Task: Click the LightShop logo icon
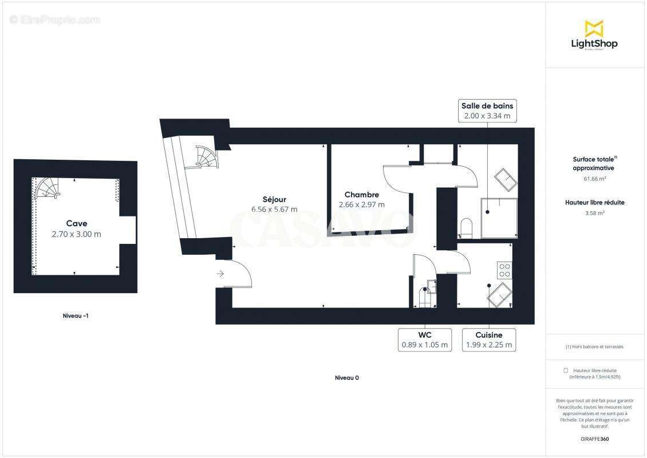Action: [594, 29]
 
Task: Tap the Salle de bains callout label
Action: [487, 110]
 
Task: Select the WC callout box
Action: [424, 340]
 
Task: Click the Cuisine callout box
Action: [489, 340]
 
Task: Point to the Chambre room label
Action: [361, 195]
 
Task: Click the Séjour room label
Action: [274, 199]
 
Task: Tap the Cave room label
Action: [77, 223]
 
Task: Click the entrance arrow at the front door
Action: [221, 274]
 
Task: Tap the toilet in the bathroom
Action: [465, 227]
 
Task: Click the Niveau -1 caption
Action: [76, 315]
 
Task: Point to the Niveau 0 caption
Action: [347, 378]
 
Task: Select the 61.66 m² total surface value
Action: [594, 179]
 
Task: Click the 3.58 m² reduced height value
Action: [594, 212]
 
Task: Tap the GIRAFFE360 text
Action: [594, 439]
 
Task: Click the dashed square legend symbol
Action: [566, 370]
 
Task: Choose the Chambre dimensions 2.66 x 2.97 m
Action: [361, 204]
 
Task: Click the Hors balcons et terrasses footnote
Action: [594, 346]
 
